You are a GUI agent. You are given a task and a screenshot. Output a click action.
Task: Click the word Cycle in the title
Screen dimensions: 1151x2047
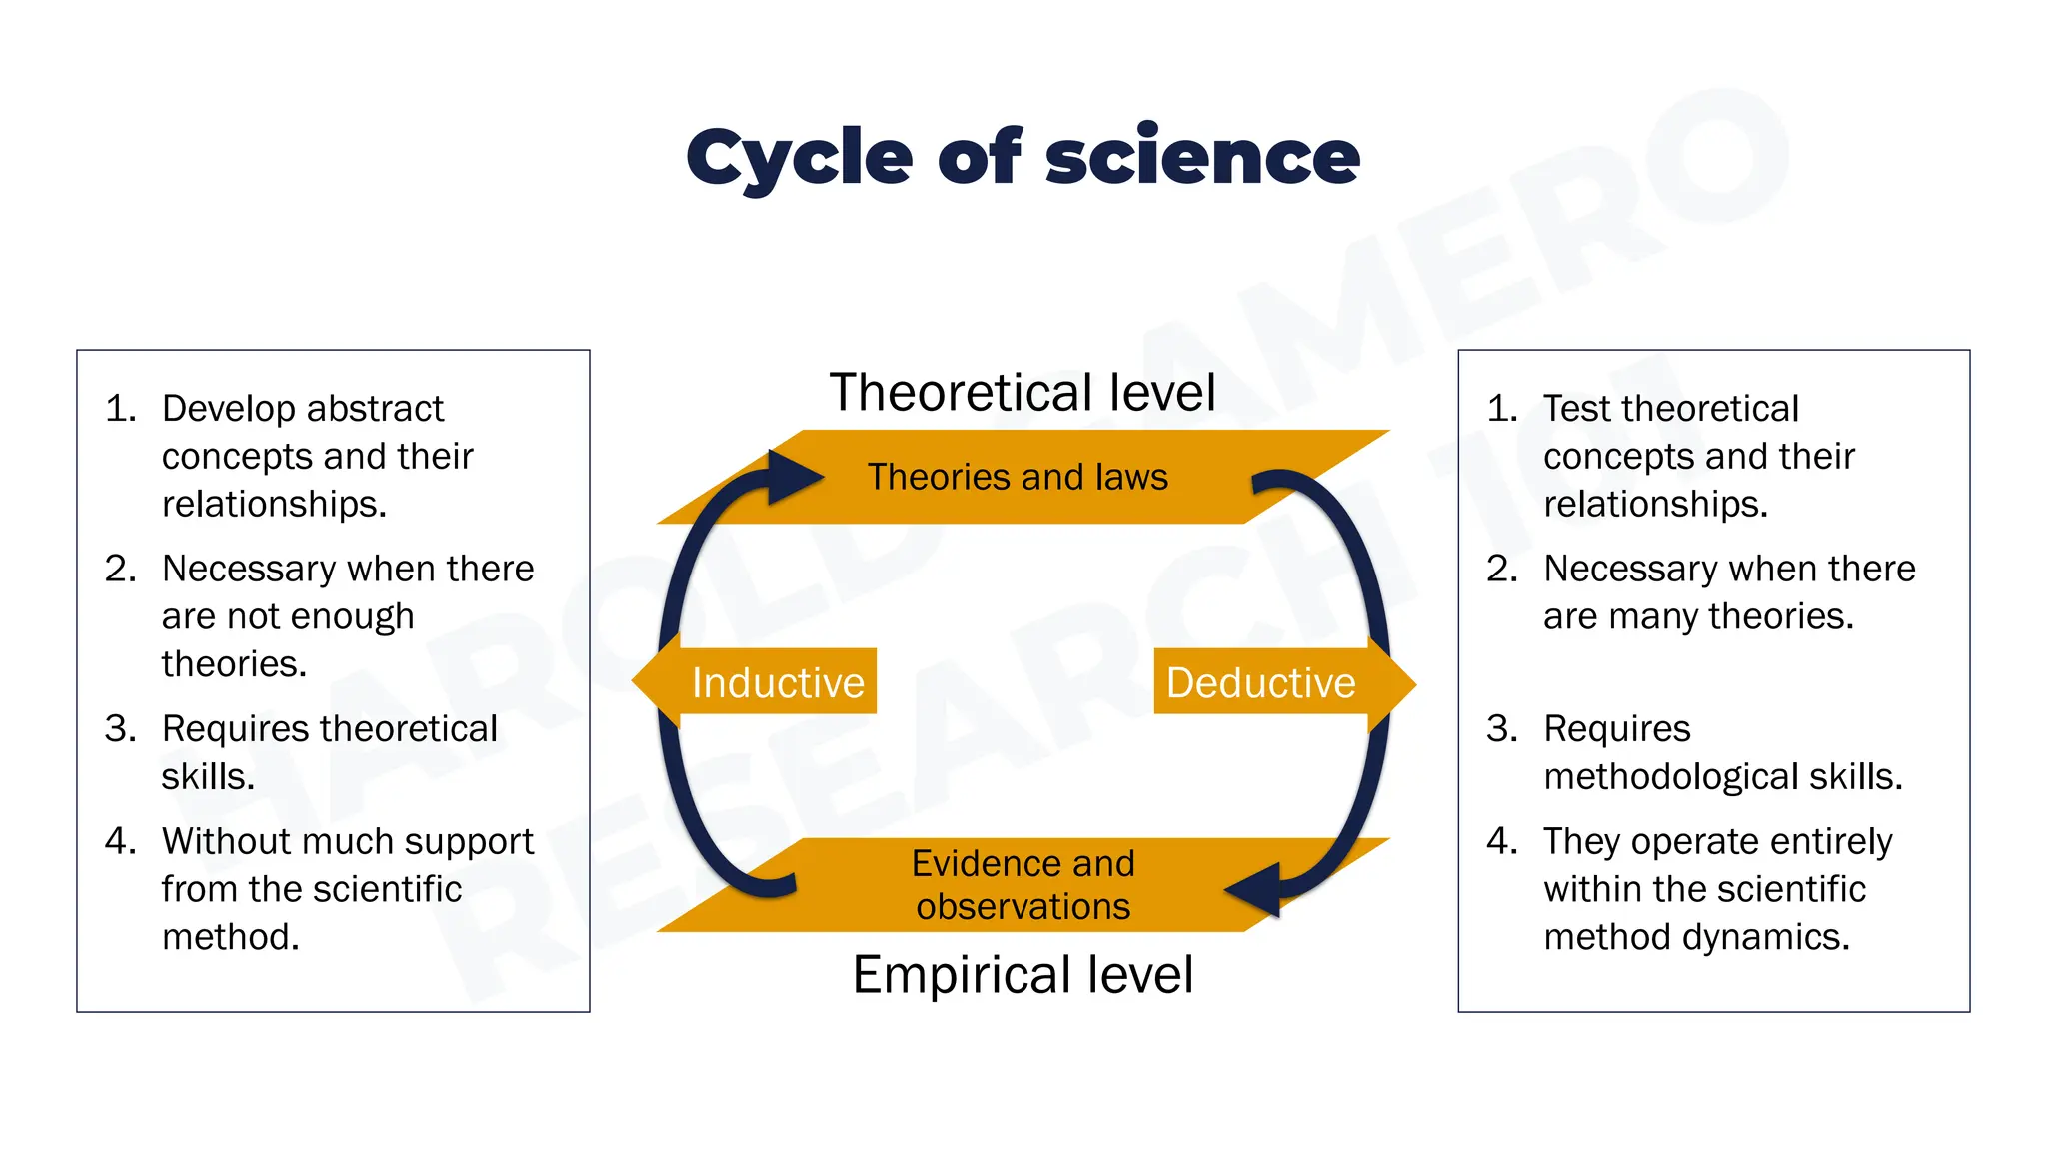tap(799, 158)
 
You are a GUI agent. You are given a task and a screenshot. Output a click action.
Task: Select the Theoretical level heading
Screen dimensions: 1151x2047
tap(1023, 392)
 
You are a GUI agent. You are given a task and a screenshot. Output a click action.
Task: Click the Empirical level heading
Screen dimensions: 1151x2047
tap(1023, 974)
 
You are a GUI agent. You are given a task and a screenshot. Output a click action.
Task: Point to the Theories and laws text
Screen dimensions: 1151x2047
tap(1018, 477)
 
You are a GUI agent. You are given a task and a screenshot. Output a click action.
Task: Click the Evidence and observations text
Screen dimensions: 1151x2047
tap(1023, 885)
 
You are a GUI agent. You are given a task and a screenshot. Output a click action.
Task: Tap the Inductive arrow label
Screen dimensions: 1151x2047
tap(778, 683)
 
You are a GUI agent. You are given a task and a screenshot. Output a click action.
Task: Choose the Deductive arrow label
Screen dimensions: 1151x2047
tap(1260, 683)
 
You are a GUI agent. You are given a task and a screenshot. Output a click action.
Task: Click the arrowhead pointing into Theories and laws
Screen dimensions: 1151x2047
tap(795, 477)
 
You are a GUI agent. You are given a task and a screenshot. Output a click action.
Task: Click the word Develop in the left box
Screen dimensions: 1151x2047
tap(229, 409)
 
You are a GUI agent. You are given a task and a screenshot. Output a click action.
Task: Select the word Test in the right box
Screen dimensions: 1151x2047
tap(1578, 409)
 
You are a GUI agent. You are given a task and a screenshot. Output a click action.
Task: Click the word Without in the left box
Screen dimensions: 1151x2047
tap(225, 841)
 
